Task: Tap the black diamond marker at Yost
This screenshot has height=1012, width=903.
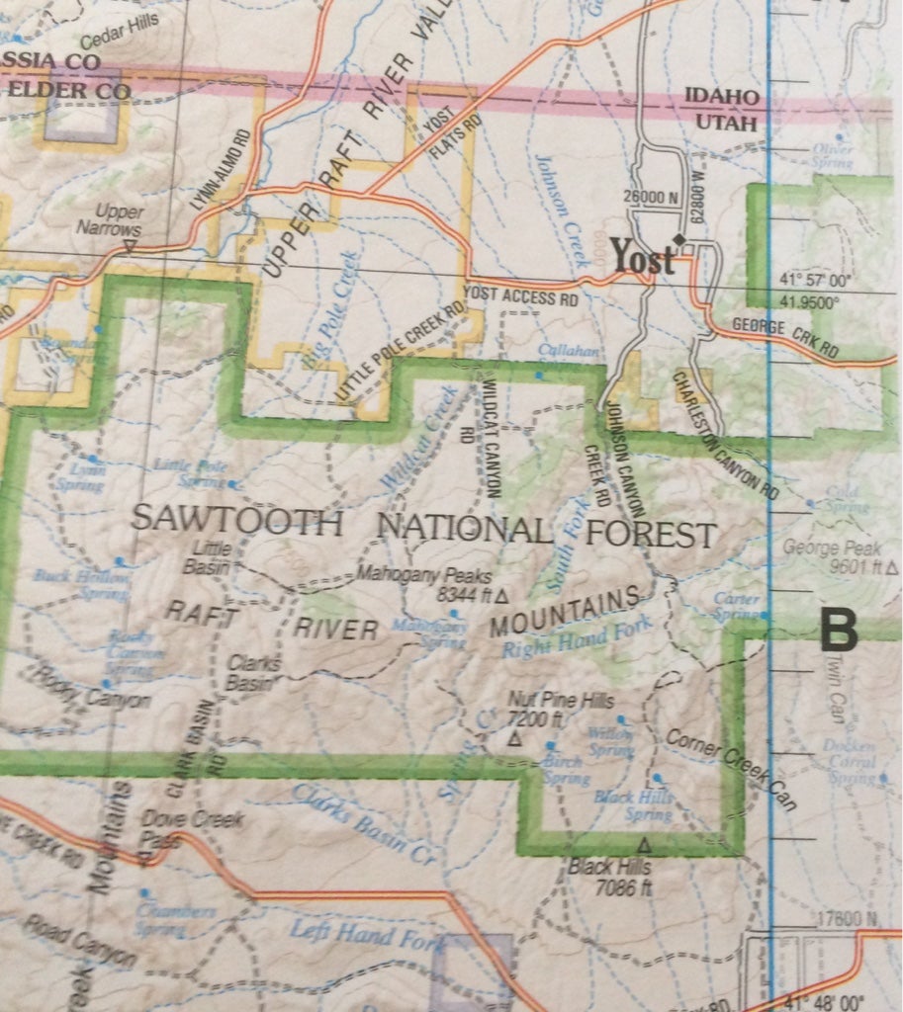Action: coord(678,239)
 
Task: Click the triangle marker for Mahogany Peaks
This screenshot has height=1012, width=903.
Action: coord(500,596)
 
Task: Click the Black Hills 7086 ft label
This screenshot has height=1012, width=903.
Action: coord(611,877)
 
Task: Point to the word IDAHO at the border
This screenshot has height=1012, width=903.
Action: coord(723,98)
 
